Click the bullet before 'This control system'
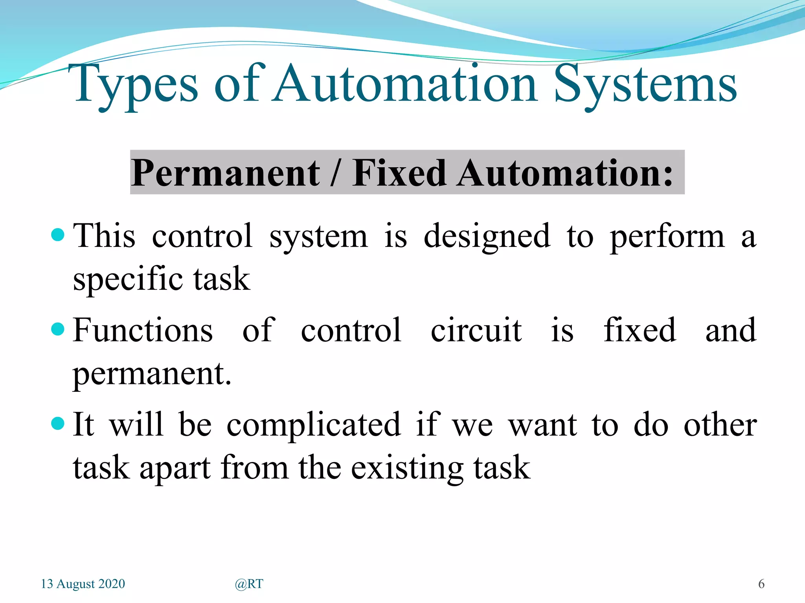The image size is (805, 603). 58,235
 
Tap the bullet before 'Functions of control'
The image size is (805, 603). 58,329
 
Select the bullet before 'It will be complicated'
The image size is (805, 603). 58,424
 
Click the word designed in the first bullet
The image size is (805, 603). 487,236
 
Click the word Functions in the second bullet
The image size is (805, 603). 143,331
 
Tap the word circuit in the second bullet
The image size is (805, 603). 476,331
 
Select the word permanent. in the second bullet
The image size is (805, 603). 152,374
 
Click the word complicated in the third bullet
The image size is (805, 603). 314,426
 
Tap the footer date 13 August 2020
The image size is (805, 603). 83,584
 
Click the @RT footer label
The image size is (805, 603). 249,584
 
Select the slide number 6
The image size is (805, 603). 761,584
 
